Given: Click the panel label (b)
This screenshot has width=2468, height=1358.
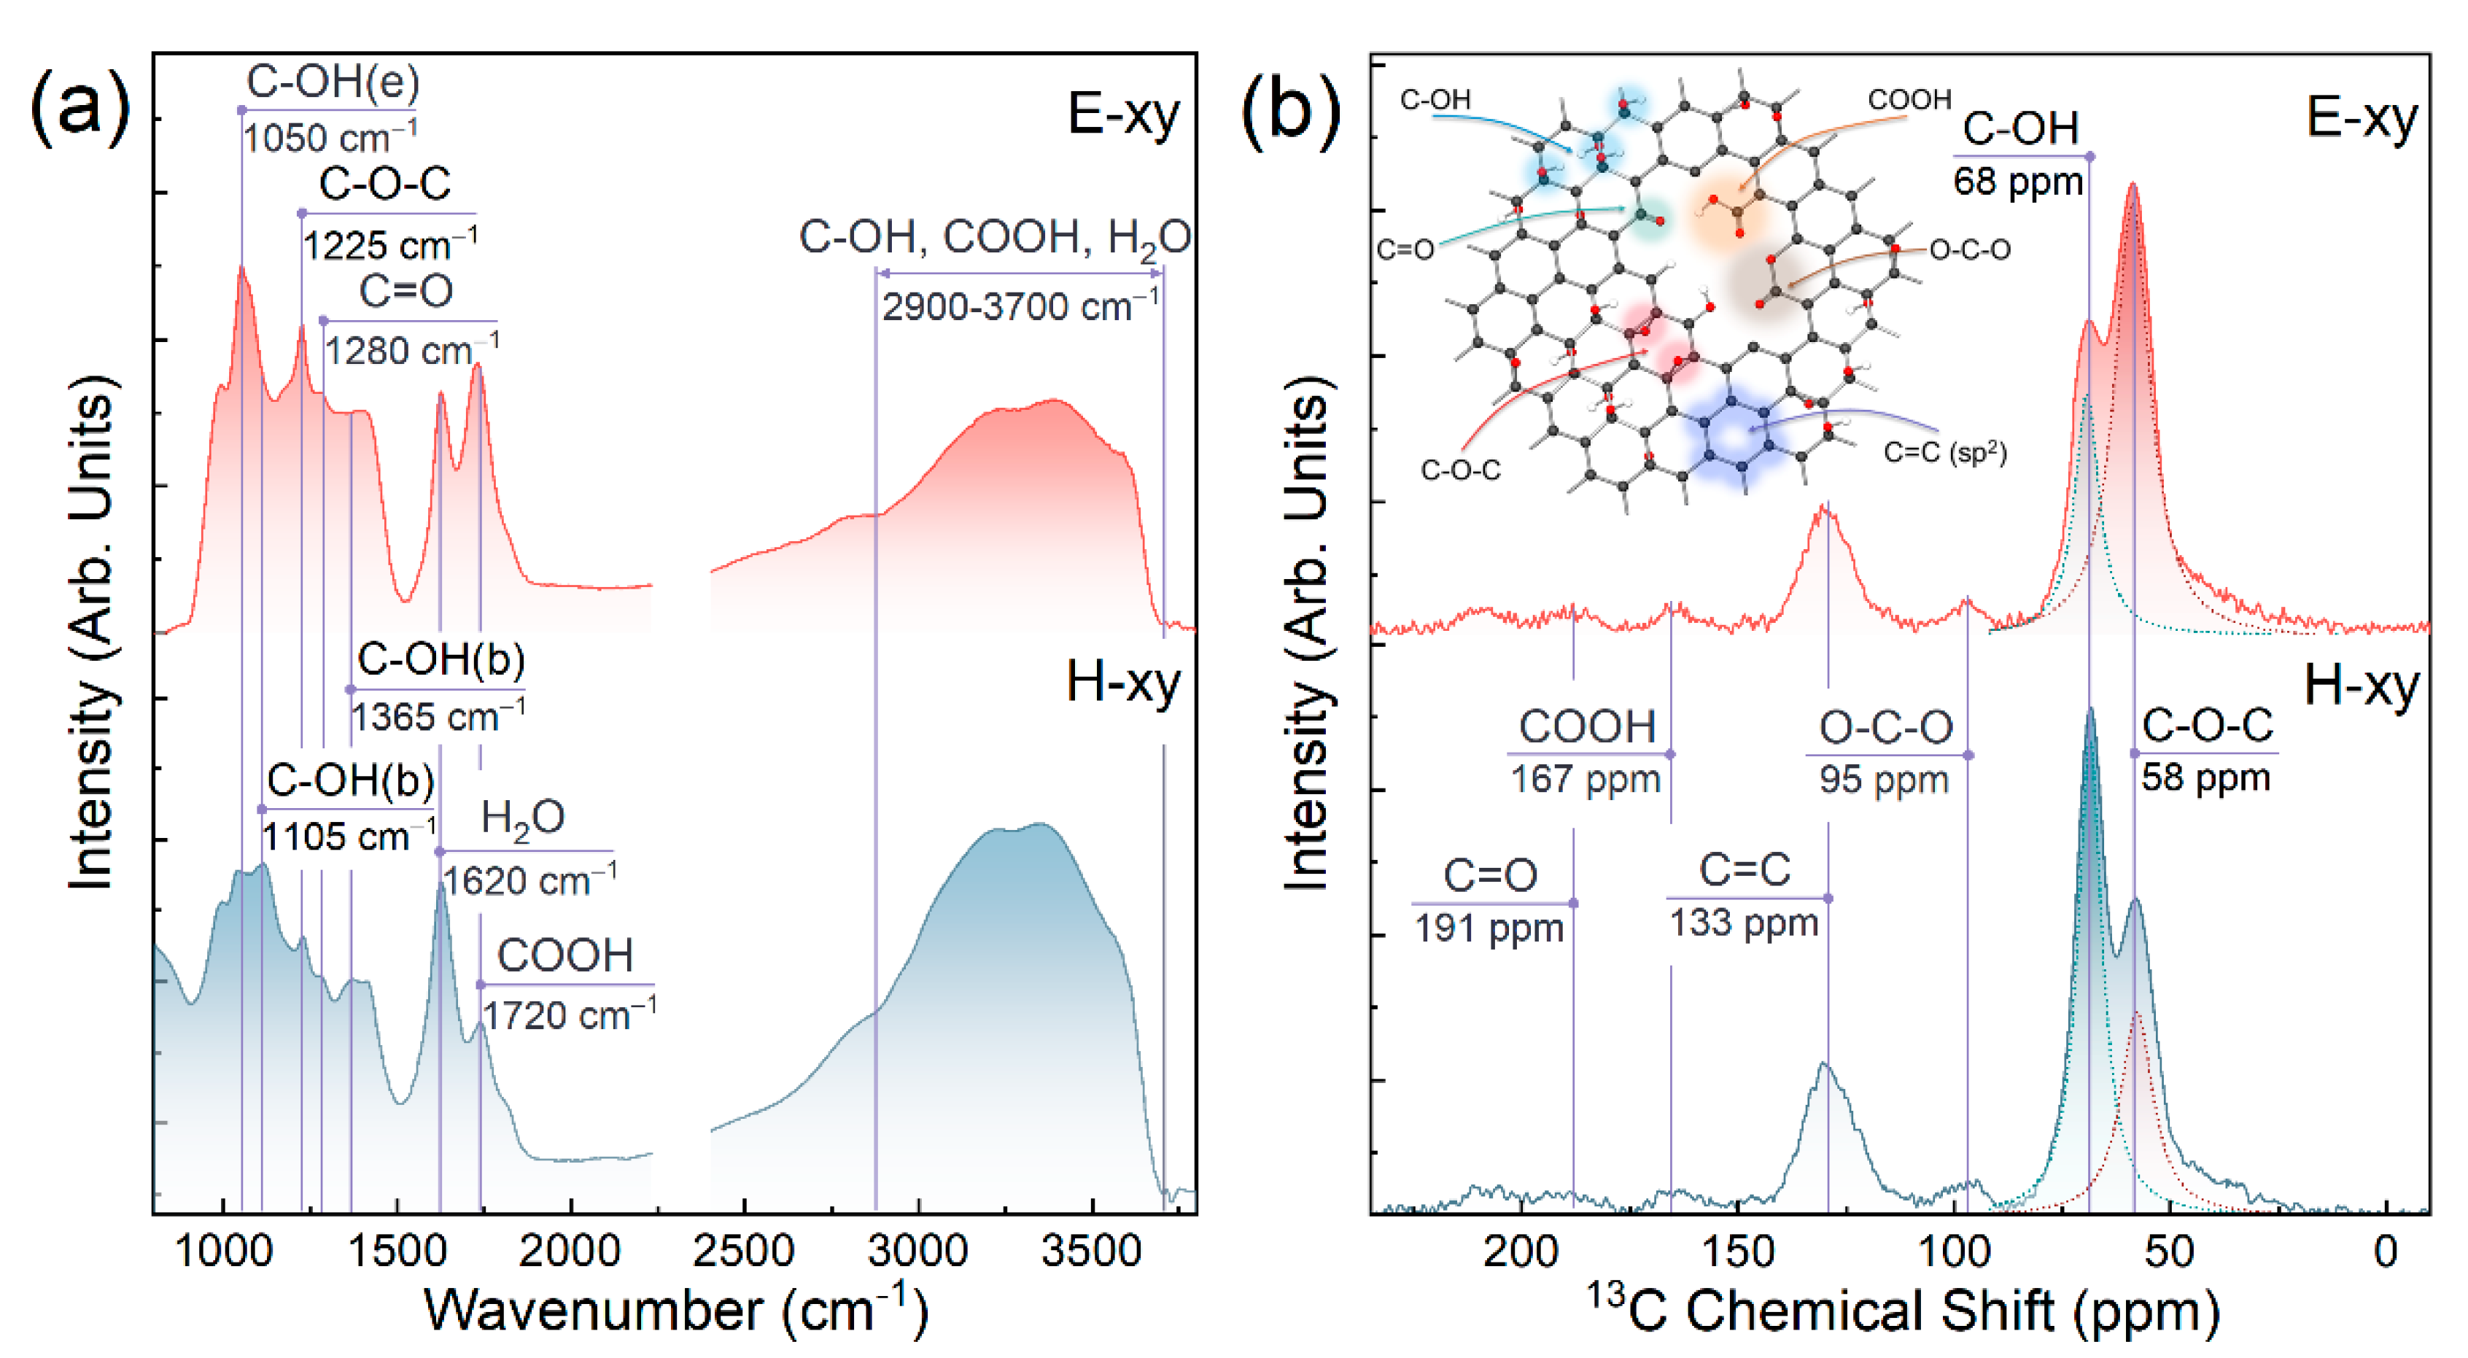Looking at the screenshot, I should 1291,112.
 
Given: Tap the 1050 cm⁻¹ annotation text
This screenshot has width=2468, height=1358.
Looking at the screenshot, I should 329,138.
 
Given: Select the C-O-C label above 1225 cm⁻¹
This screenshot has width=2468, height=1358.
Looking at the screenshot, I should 385,183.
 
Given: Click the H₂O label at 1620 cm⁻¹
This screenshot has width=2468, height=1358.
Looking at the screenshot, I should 522,818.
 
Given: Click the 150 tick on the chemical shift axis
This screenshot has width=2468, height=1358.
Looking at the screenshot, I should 1737,1252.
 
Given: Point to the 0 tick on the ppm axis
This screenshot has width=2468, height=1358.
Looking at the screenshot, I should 2385,1252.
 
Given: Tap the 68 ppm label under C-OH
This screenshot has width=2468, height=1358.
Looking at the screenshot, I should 2019,181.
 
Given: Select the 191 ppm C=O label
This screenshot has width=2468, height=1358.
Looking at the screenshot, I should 1490,928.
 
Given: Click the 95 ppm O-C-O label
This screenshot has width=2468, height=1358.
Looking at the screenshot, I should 1885,779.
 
